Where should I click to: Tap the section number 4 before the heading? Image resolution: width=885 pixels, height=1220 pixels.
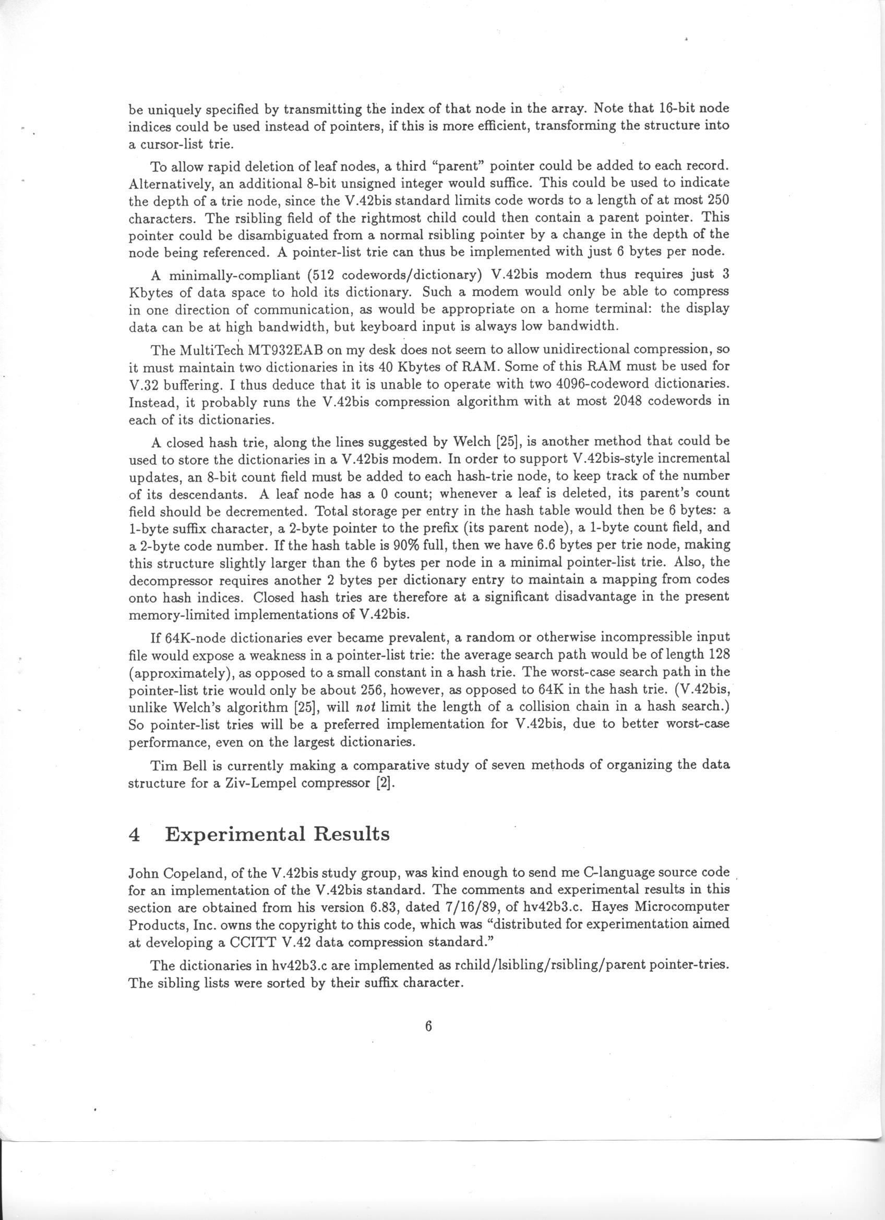coord(135,835)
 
